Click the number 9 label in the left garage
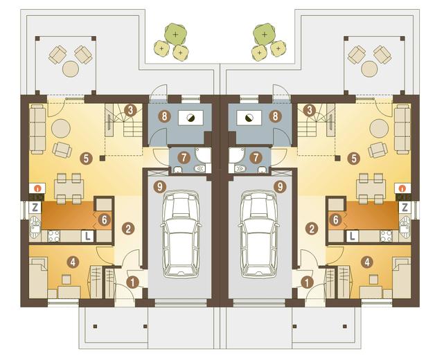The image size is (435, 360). (159, 187)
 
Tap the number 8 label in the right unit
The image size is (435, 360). (275, 116)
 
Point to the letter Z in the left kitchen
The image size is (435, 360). (35, 208)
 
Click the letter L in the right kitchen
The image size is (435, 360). (353, 236)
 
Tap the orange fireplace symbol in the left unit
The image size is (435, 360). (36, 188)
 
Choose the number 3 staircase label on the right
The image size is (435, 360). (310, 111)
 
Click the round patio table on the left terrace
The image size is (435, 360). (71, 69)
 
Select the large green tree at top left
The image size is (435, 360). (175, 34)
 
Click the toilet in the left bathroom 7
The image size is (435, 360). (199, 168)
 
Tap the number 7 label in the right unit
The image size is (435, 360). (256, 158)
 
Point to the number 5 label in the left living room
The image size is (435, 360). (86, 159)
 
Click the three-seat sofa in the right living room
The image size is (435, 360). (402, 129)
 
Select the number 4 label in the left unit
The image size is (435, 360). (73, 262)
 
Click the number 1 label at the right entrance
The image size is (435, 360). (307, 282)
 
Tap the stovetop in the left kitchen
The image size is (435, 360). (54, 236)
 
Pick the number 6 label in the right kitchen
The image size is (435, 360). (336, 220)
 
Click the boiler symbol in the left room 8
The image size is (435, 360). (190, 118)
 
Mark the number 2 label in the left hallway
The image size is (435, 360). (128, 229)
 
